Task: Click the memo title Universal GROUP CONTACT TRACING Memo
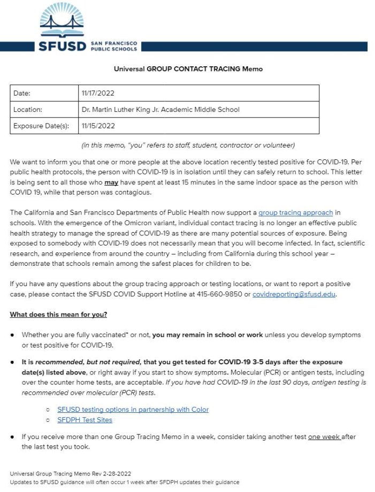188,69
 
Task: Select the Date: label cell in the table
22,93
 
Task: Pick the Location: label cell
28,110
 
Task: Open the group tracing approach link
295,213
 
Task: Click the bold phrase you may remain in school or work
208,335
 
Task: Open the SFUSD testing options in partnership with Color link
133,410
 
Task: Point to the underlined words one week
324,437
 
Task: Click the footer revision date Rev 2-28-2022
112,474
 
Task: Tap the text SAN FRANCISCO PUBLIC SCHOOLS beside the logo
113,45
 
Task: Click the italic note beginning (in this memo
188,145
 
